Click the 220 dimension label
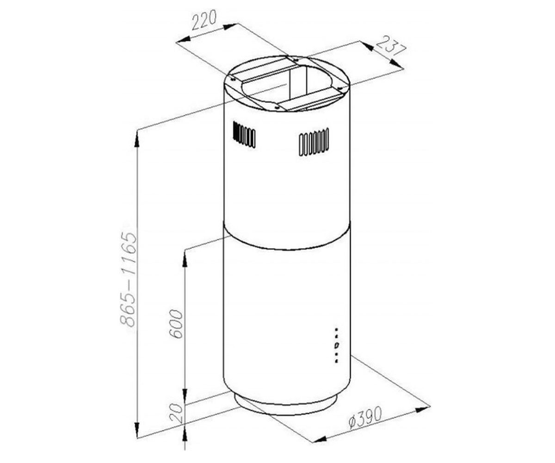(x=203, y=20)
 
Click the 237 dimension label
(x=391, y=47)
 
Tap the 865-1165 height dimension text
(x=129, y=279)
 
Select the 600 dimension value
(x=176, y=324)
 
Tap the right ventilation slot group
(x=314, y=142)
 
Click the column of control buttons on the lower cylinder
(x=336, y=345)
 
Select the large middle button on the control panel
(x=336, y=345)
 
